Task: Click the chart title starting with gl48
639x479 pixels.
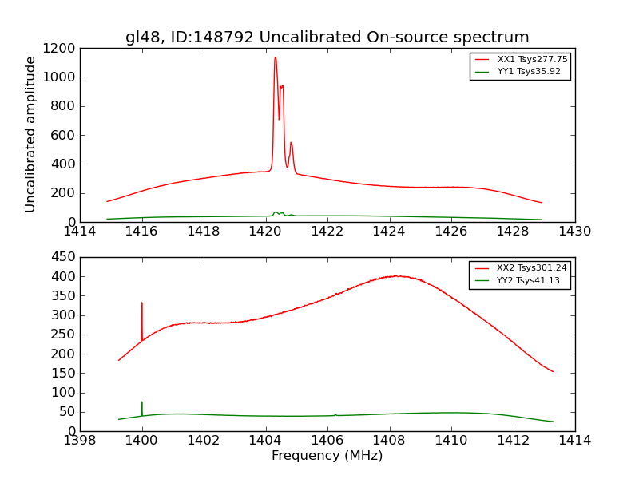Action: click(327, 38)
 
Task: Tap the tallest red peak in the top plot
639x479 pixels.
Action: click(275, 57)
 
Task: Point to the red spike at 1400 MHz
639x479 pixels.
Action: click(142, 303)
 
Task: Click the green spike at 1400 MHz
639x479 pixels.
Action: click(142, 402)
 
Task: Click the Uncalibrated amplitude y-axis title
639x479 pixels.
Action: click(31, 134)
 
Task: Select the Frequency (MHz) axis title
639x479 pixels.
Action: click(327, 456)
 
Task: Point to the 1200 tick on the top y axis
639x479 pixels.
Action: click(61, 49)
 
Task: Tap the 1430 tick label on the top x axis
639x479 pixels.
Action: click(574, 232)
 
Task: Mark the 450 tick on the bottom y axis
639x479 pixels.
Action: click(65, 257)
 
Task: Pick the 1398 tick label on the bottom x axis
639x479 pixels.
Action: click(80, 441)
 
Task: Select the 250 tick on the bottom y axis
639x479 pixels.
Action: click(65, 335)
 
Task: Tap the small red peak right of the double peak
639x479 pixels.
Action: click(291, 143)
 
